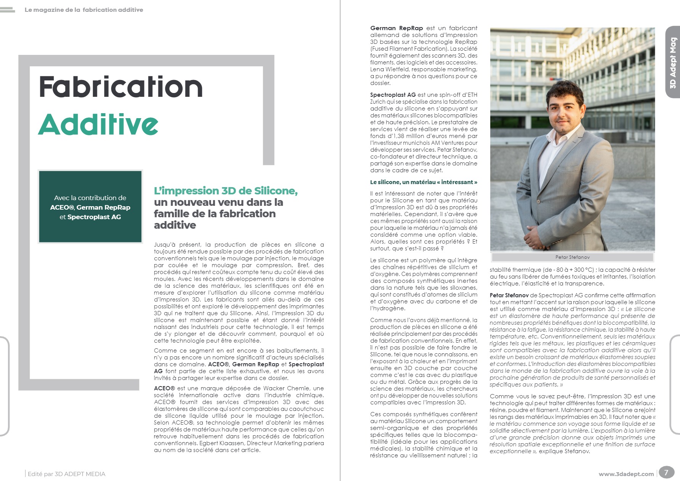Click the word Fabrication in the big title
pos(120,87)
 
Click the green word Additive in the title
pos(98,125)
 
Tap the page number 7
pos(666,473)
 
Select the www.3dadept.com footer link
pos(626,474)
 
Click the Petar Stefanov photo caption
pos(572,257)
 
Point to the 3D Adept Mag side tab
pos(672,63)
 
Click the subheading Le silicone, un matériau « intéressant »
pos(424,182)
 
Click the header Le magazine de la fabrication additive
pos(84,10)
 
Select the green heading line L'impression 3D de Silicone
pos(226,191)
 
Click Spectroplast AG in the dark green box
pos(94,217)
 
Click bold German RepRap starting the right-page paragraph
pos(396,28)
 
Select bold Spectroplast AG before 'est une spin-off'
pos(393,95)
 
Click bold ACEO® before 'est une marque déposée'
pos(164,388)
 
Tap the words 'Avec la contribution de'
pos(90,198)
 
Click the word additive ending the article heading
pos(175,225)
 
